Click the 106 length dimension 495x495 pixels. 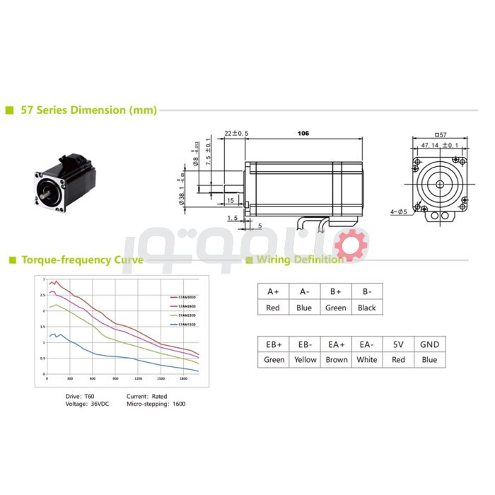pos(303,133)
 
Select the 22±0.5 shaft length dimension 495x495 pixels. pos(235,133)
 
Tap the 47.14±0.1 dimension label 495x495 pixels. pos(439,145)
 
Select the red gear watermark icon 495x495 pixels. pos(351,245)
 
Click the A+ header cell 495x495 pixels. pos(273,291)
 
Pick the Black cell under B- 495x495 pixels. pos(366,308)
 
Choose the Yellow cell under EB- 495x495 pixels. pos(305,359)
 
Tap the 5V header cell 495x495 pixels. pos(398,344)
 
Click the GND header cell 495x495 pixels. pos(429,344)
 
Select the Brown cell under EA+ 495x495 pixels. pos(337,359)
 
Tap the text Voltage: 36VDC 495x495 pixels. pos(86,404)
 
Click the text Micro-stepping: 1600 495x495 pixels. pos(156,404)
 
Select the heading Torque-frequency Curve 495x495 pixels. pos(82,260)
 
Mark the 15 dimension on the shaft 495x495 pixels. pos(231,200)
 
